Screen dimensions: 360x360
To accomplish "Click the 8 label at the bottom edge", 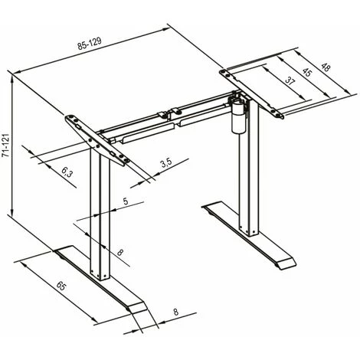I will tap(176, 313).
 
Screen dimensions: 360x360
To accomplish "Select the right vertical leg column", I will tap(245, 184).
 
